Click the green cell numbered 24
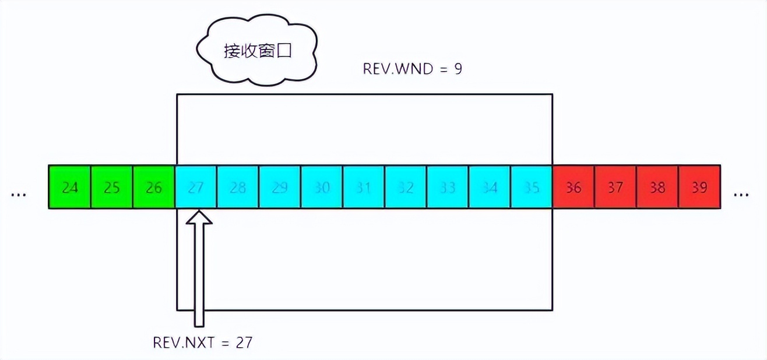coord(70,187)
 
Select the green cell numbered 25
coord(112,187)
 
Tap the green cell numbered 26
coord(154,187)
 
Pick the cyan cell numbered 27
coord(196,187)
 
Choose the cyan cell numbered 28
coord(238,187)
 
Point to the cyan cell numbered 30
coord(322,187)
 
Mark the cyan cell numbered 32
coord(406,187)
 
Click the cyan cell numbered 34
coord(490,187)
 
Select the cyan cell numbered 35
coord(532,187)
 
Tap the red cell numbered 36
coord(574,187)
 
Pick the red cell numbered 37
coord(615,187)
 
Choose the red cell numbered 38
coord(657,187)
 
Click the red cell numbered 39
coord(699,187)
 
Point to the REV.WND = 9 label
coord(412,69)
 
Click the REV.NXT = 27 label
coord(202,342)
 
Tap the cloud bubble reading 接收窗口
coord(257,51)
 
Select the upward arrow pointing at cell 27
coord(199,268)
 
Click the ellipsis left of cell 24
coord(19,193)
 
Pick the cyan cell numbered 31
coord(364,187)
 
